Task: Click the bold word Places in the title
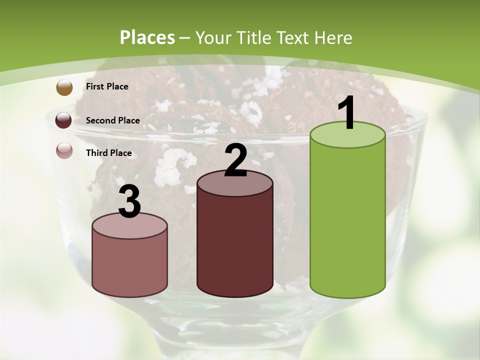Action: pos(147,37)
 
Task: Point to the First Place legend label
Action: pos(107,86)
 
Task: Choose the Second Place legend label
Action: pos(112,120)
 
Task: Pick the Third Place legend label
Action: pos(108,153)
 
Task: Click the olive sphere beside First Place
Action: pos(64,87)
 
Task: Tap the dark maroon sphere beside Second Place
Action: pos(64,120)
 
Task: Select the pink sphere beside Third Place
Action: pos(64,150)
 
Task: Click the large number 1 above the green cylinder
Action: pos(346,113)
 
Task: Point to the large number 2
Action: pos(235,160)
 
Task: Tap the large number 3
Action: pos(129,202)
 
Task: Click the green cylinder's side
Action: pos(347,220)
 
